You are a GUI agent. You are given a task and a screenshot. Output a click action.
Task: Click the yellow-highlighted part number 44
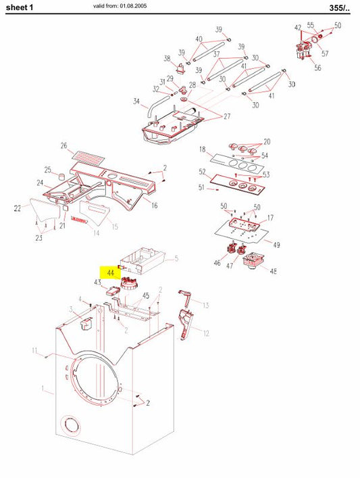(110, 272)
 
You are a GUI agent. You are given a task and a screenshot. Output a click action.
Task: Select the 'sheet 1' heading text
(21, 7)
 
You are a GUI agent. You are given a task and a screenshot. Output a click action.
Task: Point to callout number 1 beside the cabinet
(44, 389)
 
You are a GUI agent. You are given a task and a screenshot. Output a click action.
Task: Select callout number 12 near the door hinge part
(206, 333)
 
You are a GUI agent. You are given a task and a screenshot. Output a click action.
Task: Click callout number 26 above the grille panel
(63, 146)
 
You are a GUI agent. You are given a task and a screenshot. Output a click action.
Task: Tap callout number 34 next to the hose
(136, 103)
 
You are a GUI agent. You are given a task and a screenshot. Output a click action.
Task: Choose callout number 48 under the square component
(273, 272)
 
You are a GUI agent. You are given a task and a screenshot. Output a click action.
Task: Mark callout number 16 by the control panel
(154, 206)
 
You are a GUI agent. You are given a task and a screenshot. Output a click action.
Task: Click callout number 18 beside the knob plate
(202, 149)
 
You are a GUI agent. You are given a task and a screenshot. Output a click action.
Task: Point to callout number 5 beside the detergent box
(176, 258)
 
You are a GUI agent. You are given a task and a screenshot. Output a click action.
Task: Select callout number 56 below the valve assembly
(317, 68)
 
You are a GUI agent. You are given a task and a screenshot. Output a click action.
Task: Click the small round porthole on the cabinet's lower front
(70, 425)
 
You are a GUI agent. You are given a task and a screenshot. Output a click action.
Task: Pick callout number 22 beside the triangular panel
(18, 210)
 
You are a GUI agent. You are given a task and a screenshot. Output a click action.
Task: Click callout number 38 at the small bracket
(167, 58)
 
